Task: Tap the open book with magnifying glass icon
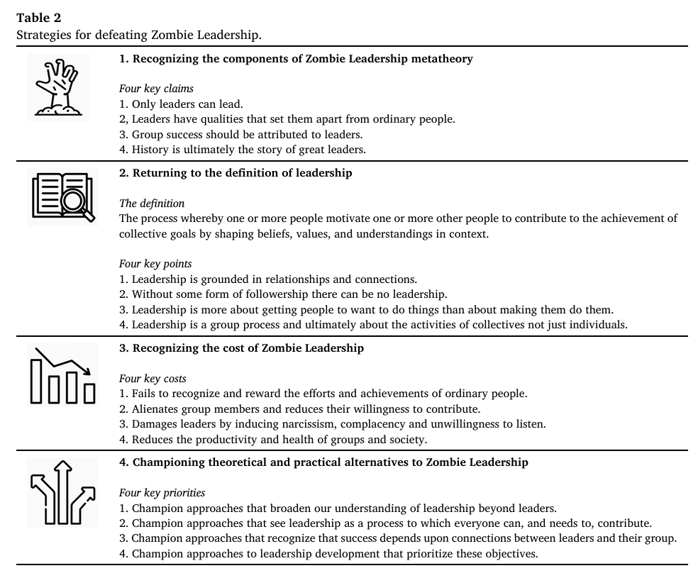tap(62, 197)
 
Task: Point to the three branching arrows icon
tap(62, 490)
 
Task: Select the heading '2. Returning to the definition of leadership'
tap(236, 173)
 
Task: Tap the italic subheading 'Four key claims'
tap(156, 89)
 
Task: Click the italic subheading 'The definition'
tap(152, 204)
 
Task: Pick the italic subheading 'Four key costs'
tap(153, 379)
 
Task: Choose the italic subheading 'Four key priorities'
tap(162, 493)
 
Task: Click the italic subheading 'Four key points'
tap(155, 264)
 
